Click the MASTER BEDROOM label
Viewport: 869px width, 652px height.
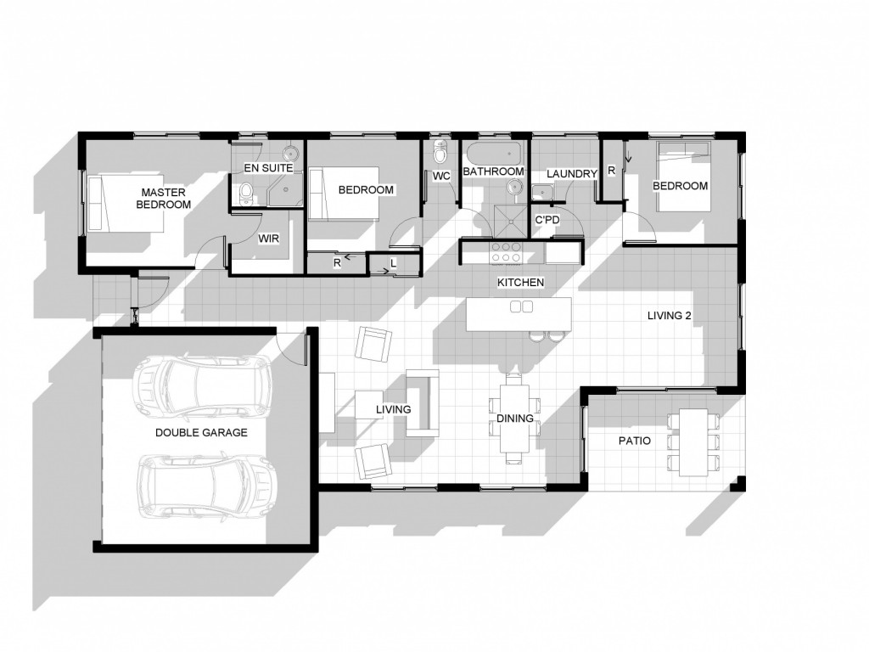[x=164, y=198]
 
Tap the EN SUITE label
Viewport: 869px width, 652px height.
[x=268, y=168]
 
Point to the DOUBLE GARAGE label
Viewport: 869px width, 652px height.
[x=201, y=432]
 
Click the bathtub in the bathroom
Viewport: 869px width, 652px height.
[x=492, y=154]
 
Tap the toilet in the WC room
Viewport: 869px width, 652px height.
[x=440, y=153]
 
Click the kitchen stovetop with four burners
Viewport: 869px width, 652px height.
[x=507, y=252]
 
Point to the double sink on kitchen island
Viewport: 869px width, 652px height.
[x=520, y=306]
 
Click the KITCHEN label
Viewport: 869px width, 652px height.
[x=520, y=282]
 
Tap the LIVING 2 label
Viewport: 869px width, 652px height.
[x=670, y=316]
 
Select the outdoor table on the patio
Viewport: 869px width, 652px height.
[x=693, y=441]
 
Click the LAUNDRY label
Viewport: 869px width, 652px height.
[x=572, y=173]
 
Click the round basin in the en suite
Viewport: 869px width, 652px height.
[x=291, y=154]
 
